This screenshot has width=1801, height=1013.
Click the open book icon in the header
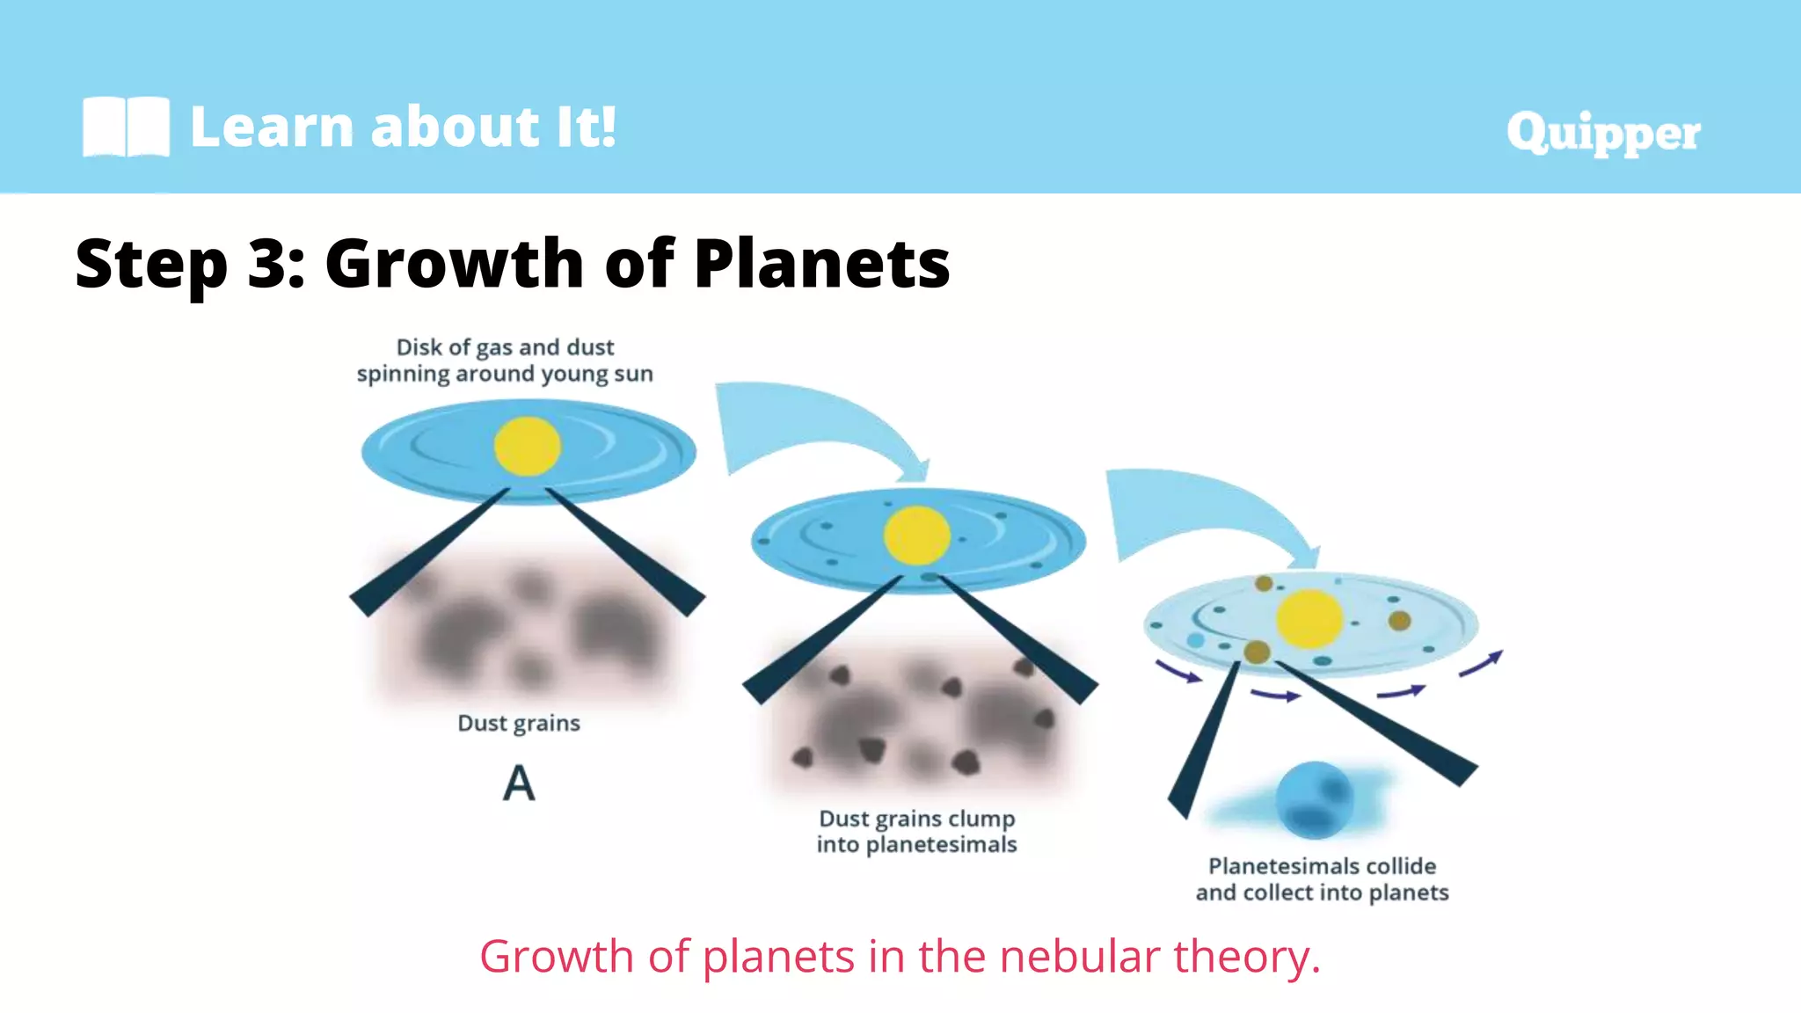click(126, 127)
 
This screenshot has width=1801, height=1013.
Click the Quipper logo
click(1602, 133)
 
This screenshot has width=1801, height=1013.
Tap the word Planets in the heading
click(821, 263)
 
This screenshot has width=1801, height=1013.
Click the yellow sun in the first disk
click(527, 447)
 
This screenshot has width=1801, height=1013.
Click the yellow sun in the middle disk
click(916, 536)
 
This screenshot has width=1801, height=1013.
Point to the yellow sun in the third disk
click(1309, 619)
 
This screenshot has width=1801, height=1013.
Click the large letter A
click(519, 783)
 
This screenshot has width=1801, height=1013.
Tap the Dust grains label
click(519, 723)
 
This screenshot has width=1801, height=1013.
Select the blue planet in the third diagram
click(1314, 799)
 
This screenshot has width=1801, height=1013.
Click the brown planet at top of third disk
click(1264, 583)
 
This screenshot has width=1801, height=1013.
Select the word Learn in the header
click(273, 127)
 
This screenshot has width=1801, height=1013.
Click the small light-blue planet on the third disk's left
click(1195, 640)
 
